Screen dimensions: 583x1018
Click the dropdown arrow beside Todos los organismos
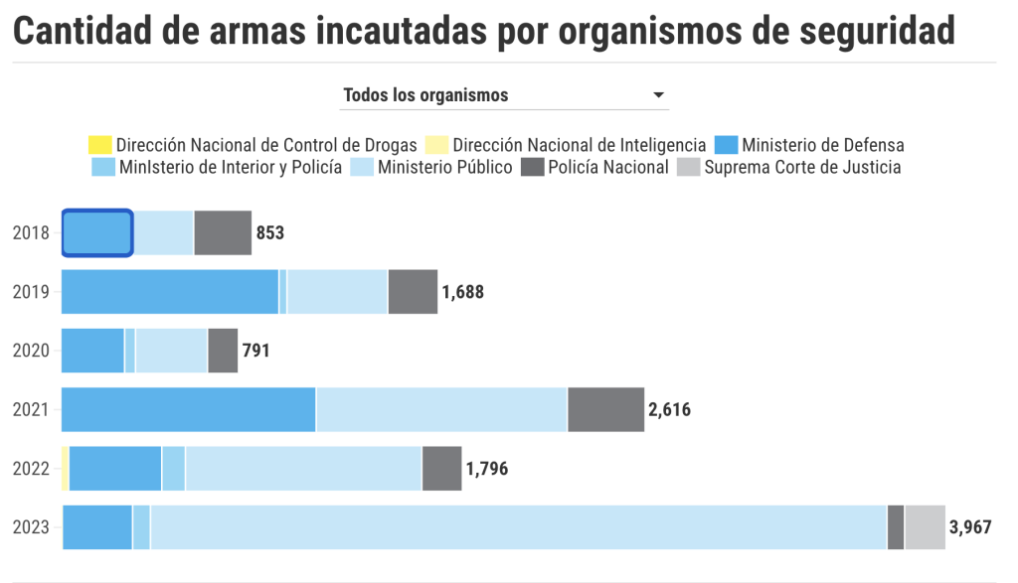[x=658, y=95]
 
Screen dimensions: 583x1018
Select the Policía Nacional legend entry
[x=596, y=167]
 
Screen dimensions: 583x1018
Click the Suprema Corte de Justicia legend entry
[x=790, y=167]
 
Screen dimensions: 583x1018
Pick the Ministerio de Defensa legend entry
[x=809, y=145]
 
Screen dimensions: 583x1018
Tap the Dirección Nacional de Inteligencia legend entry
[x=567, y=145]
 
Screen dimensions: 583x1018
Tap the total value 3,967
[x=970, y=527]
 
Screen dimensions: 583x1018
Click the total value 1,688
[x=463, y=292]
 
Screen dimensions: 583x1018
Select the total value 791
[x=256, y=351]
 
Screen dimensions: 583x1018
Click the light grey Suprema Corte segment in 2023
[x=925, y=527]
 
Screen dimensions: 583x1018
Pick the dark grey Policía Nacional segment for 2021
[x=605, y=409]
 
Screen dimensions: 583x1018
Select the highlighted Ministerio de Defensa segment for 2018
[x=97, y=233]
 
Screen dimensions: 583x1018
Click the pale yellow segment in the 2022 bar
[x=66, y=469]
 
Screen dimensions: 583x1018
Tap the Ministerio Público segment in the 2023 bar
[x=517, y=527]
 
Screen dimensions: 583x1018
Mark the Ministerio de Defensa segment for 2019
[x=170, y=292]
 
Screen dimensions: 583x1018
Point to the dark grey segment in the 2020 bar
[x=223, y=351]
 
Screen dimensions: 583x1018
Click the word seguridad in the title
[x=869, y=33]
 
